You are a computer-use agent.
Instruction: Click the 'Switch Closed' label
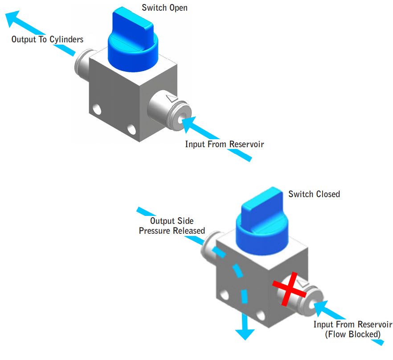(x=314, y=194)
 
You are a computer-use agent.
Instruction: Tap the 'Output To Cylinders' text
(x=47, y=39)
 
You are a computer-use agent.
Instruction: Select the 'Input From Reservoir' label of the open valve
(x=224, y=144)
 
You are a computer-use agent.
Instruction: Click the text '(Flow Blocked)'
(x=352, y=334)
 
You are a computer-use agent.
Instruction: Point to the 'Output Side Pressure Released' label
(x=172, y=226)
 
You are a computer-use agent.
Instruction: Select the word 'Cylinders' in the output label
(x=67, y=39)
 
